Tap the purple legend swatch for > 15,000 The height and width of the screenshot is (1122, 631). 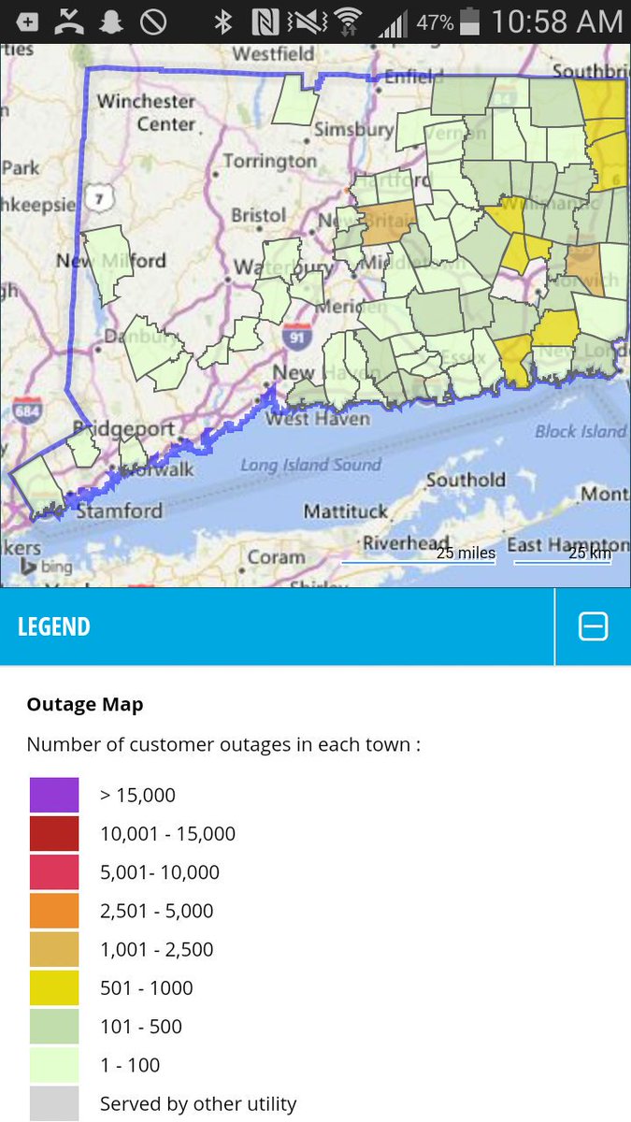(x=53, y=795)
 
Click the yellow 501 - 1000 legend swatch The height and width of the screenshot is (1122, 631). (x=53, y=987)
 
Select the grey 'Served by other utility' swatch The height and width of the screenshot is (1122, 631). (x=53, y=1103)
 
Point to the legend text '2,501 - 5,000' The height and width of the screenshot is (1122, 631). (x=157, y=911)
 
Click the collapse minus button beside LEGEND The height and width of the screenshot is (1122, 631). (x=594, y=626)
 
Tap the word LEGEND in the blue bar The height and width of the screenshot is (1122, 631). (x=54, y=626)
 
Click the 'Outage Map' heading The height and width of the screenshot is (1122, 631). (x=85, y=704)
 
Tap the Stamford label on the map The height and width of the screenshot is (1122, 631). (x=119, y=511)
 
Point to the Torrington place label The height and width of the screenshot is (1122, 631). (x=270, y=161)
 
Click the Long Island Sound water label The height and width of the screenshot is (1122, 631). (x=310, y=465)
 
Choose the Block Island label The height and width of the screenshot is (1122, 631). (x=580, y=431)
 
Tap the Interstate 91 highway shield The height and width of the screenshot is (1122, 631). (x=296, y=337)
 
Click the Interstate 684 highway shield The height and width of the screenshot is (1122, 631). (x=25, y=410)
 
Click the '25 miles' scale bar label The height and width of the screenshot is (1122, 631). (x=466, y=553)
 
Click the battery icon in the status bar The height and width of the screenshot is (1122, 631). (x=470, y=22)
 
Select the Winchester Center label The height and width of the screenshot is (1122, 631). (x=146, y=112)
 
